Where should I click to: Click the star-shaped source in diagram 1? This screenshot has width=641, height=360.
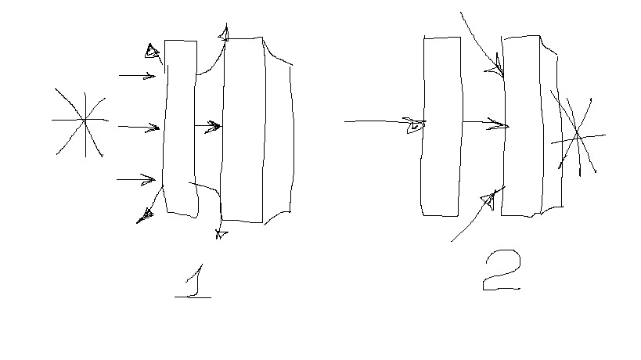[85, 121]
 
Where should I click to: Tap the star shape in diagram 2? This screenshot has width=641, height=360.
[578, 135]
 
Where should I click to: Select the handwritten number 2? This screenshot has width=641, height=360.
[502, 270]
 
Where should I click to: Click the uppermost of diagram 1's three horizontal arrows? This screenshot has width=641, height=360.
[138, 76]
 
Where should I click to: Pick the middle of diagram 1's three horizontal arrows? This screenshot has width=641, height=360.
[139, 127]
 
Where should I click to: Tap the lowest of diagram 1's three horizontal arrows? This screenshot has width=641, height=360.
[136, 179]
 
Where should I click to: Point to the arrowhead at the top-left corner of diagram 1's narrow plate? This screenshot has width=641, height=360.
[152, 52]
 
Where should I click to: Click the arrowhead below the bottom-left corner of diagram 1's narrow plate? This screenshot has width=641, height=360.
[145, 215]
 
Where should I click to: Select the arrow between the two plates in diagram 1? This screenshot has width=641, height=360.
[207, 126]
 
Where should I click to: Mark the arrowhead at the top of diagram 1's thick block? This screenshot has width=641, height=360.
[224, 34]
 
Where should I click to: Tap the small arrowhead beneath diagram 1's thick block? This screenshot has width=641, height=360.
[221, 234]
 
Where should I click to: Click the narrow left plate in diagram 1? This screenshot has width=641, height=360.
[180, 128]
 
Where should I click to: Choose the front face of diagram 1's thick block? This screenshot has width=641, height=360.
[243, 130]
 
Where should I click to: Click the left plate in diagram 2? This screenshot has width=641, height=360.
[441, 126]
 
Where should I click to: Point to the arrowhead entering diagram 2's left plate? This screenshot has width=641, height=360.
[415, 124]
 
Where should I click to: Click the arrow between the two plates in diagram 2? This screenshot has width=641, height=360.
[486, 123]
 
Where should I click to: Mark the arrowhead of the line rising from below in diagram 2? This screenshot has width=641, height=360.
[489, 200]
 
